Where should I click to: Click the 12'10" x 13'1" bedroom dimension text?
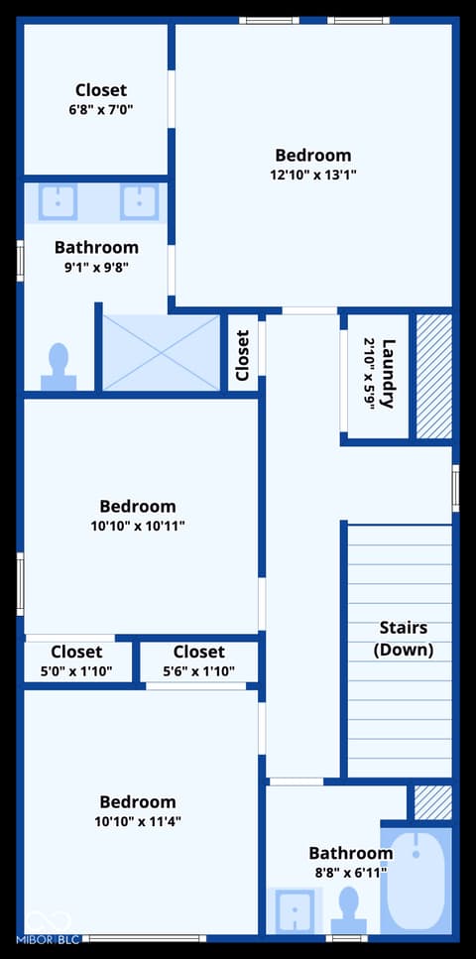click(x=313, y=175)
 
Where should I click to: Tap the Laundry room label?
click(x=388, y=373)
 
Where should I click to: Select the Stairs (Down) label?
click(x=404, y=639)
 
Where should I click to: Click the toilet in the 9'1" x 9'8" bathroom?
click(x=59, y=366)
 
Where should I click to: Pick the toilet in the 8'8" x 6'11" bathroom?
click(x=349, y=910)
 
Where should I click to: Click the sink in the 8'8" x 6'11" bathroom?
click(x=295, y=911)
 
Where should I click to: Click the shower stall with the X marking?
click(x=161, y=352)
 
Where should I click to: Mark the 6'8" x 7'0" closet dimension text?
click(x=101, y=110)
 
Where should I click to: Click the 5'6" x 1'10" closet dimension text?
click(x=199, y=671)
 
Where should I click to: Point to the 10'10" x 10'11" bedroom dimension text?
click(x=138, y=526)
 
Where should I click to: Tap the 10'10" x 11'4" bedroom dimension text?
click(x=138, y=821)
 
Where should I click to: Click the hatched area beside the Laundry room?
click(x=434, y=376)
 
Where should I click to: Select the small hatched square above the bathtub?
click(x=433, y=802)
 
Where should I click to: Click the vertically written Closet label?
click(x=243, y=355)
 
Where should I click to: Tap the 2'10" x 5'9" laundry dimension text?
click(x=369, y=373)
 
